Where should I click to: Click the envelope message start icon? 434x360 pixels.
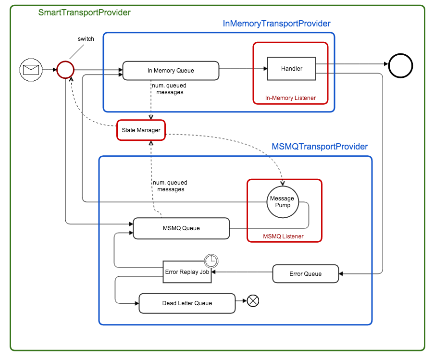(31, 70)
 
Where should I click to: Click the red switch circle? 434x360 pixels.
(65, 70)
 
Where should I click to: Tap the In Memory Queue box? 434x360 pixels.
(171, 70)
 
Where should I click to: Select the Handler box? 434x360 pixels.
(292, 69)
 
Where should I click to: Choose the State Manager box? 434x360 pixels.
(141, 130)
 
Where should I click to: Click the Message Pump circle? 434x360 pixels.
(282, 202)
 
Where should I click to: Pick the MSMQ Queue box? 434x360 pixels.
(181, 228)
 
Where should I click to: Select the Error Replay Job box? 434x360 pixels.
(187, 272)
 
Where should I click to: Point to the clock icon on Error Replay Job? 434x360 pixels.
(211, 261)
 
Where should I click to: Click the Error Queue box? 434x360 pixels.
(306, 274)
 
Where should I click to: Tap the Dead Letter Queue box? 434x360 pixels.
(187, 303)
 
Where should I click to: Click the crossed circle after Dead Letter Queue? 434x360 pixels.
(253, 301)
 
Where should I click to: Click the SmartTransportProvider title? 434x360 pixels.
(85, 12)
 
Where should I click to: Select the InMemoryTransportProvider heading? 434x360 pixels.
(277, 24)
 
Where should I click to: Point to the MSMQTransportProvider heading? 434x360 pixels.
(320, 147)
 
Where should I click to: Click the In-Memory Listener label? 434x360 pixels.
(290, 98)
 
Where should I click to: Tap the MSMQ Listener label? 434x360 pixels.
(283, 236)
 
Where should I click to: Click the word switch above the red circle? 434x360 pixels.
(86, 39)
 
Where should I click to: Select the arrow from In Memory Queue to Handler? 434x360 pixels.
(243, 69)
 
